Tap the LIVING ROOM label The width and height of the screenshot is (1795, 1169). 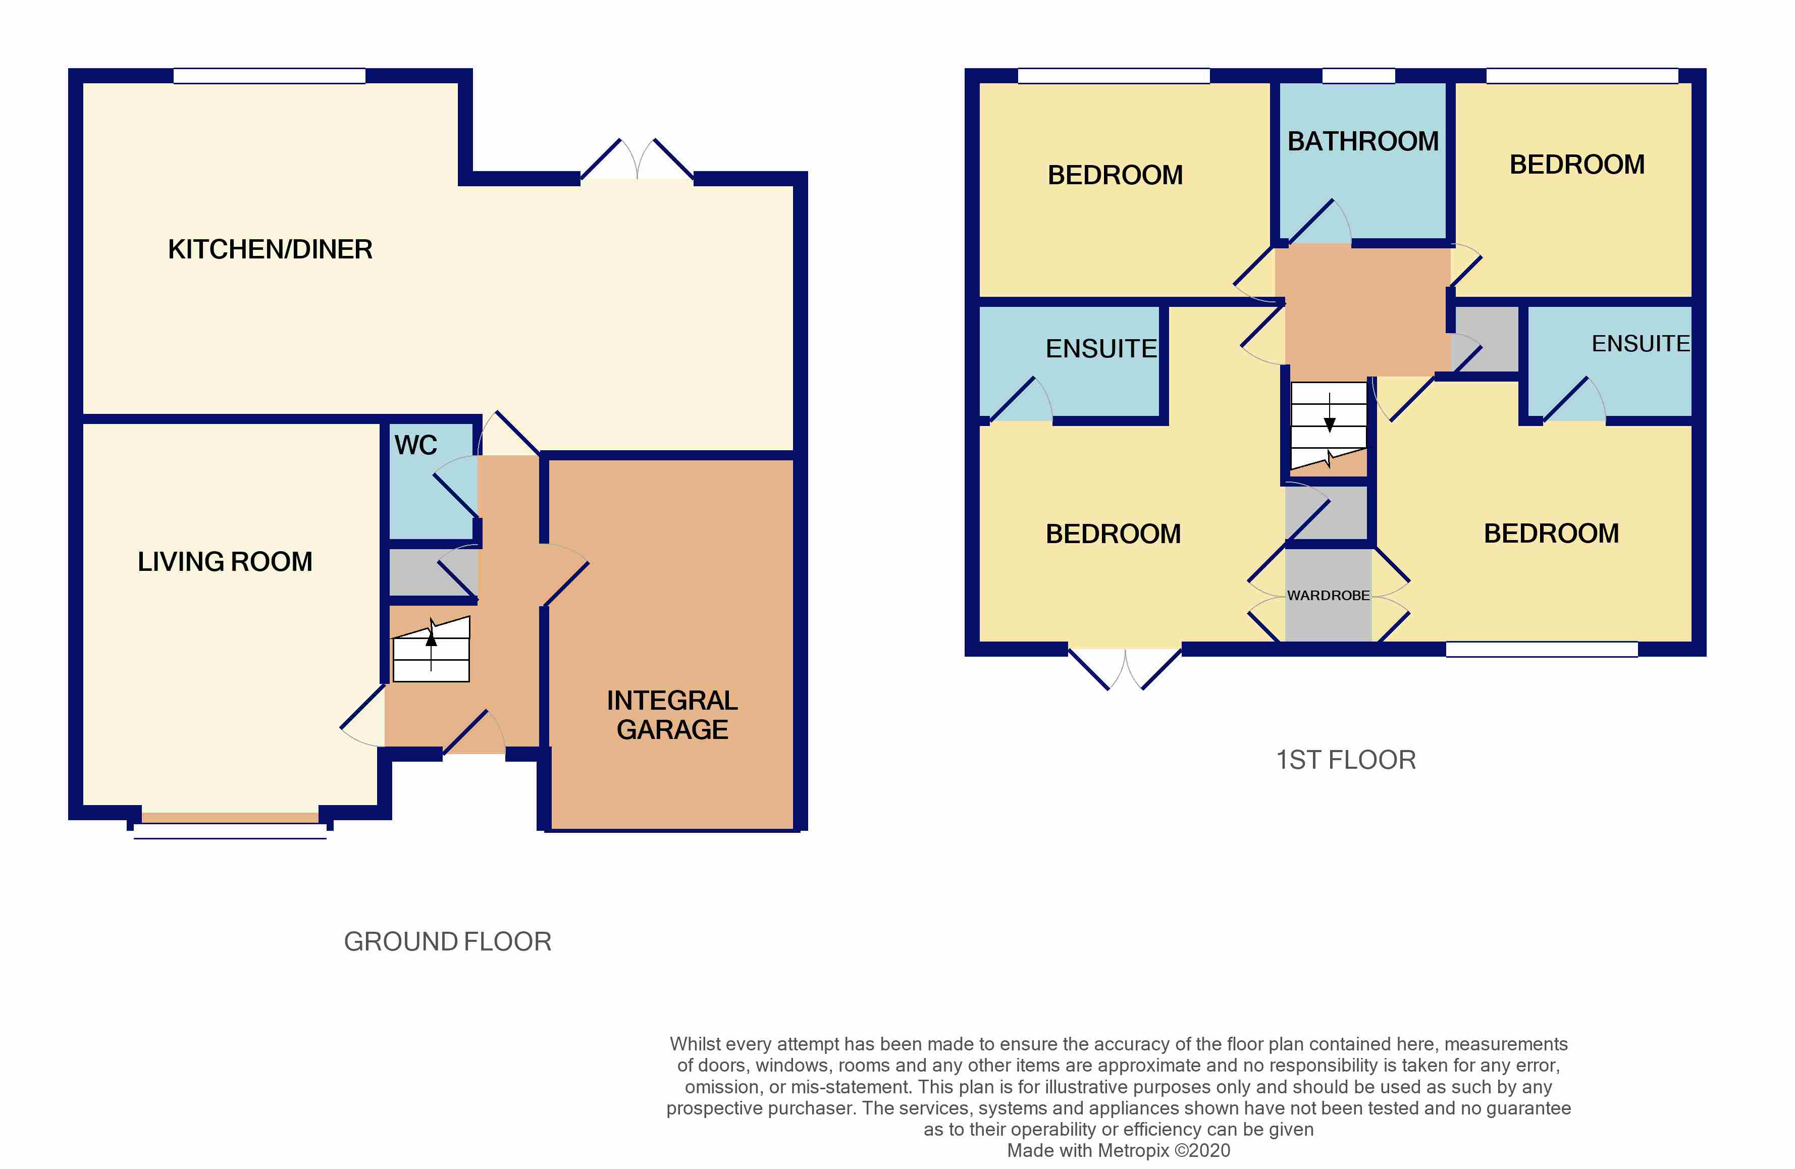pyautogui.click(x=225, y=562)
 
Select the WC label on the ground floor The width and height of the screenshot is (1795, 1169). pyautogui.click(x=415, y=445)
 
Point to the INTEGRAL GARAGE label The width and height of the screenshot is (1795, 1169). pyautogui.click(x=672, y=715)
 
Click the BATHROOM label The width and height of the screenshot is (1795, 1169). pyautogui.click(x=1363, y=141)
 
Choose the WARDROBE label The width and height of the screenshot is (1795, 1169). pyautogui.click(x=1328, y=595)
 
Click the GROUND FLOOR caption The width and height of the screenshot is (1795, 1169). pyautogui.click(x=447, y=941)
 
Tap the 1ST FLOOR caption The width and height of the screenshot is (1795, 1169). pyautogui.click(x=1346, y=760)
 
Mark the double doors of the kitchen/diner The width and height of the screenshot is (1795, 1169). pyautogui.click(x=638, y=160)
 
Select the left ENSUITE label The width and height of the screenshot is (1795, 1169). pyautogui.click(x=1101, y=348)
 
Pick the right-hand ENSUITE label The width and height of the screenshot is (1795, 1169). pyautogui.click(x=1641, y=344)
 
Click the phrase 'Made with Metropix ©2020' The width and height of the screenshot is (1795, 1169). pyautogui.click(x=1119, y=1150)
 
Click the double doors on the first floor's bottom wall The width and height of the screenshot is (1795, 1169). pyautogui.click(x=1125, y=669)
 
